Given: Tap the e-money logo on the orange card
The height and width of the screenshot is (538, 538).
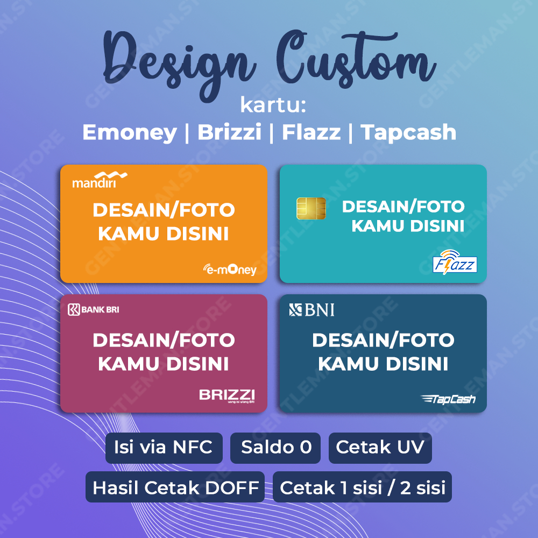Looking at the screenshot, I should [230, 269].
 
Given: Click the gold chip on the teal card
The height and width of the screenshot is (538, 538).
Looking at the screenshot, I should [311, 208].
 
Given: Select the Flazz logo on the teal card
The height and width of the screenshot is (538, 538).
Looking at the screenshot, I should [455, 261].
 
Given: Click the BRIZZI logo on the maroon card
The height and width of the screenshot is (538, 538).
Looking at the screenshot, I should [226, 395].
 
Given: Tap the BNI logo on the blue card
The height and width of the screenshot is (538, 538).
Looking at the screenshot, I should [312, 310].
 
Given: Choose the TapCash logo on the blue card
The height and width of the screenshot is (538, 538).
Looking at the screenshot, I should [448, 399].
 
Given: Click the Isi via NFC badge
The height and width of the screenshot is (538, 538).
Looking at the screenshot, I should [164, 448].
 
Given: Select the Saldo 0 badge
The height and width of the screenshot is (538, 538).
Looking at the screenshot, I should [275, 448].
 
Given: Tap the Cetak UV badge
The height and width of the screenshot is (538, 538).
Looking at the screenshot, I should [380, 448].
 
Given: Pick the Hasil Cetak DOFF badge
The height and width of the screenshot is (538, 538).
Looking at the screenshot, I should [175, 487].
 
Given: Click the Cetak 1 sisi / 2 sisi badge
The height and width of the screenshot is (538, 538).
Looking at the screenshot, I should [362, 487].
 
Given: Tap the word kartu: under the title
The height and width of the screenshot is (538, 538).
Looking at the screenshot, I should [273, 105].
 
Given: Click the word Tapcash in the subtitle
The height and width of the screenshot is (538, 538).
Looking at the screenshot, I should [408, 132].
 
